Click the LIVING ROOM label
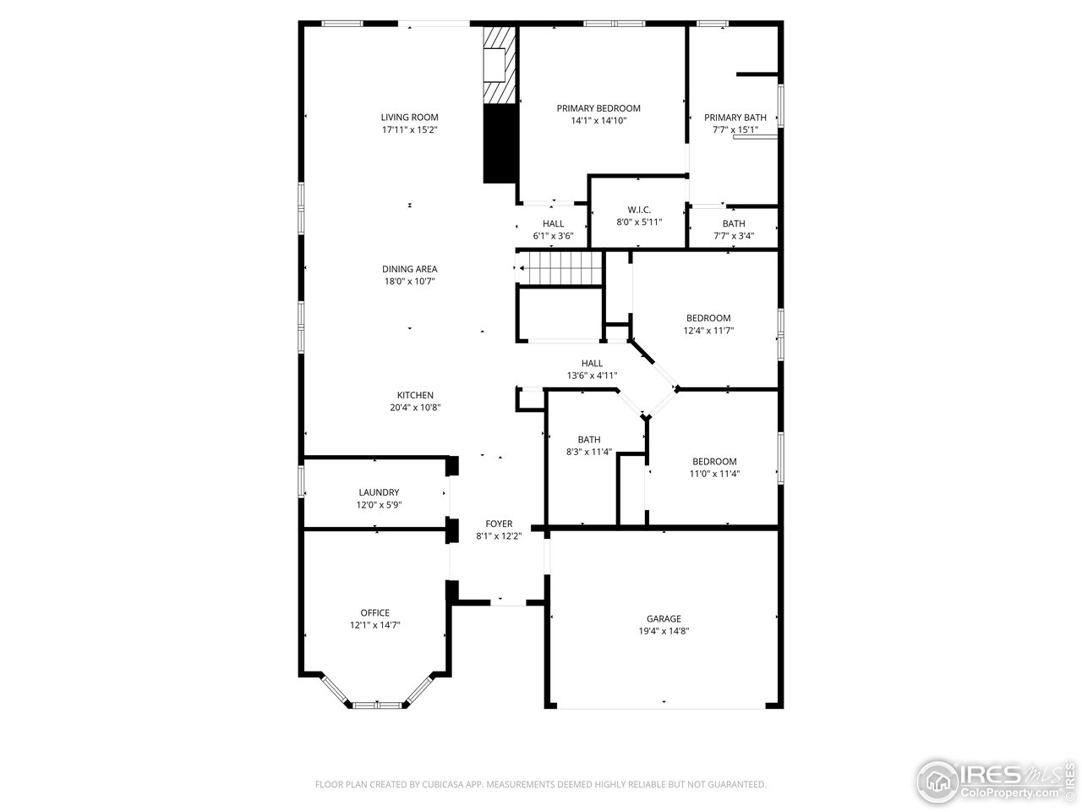tap(409, 118)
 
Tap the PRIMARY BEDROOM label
tap(598, 108)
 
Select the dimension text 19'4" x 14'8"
tap(664, 631)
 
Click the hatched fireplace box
tap(499, 64)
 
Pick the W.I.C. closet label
tap(638, 210)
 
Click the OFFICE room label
tap(374, 613)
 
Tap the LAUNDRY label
tap(379, 492)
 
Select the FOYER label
tap(498, 524)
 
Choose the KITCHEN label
tap(415, 395)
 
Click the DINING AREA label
tap(409, 269)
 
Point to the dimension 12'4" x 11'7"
tap(708, 331)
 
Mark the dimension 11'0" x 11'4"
tap(714, 474)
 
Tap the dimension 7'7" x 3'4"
tap(733, 236)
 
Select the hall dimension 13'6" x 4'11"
tap(592, 376)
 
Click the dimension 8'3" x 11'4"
tap(588, 452)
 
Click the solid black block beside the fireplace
tap(499, 144)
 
